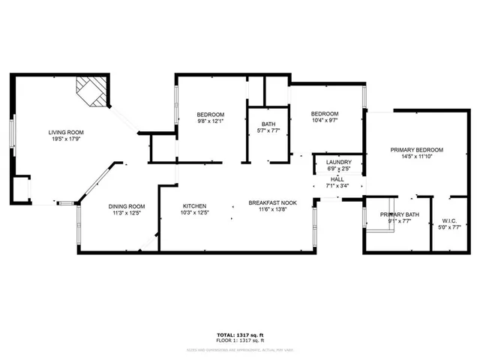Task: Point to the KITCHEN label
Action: [195, 206]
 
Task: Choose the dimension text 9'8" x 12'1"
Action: [199, 121]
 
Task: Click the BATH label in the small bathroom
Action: [268, 124]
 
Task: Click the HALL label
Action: [337, 179]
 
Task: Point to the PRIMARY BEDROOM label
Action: [416, 150]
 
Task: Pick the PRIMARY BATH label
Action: [398, 214]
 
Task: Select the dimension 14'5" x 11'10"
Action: [416, 157]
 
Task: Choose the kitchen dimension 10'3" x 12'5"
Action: [195, 214]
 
